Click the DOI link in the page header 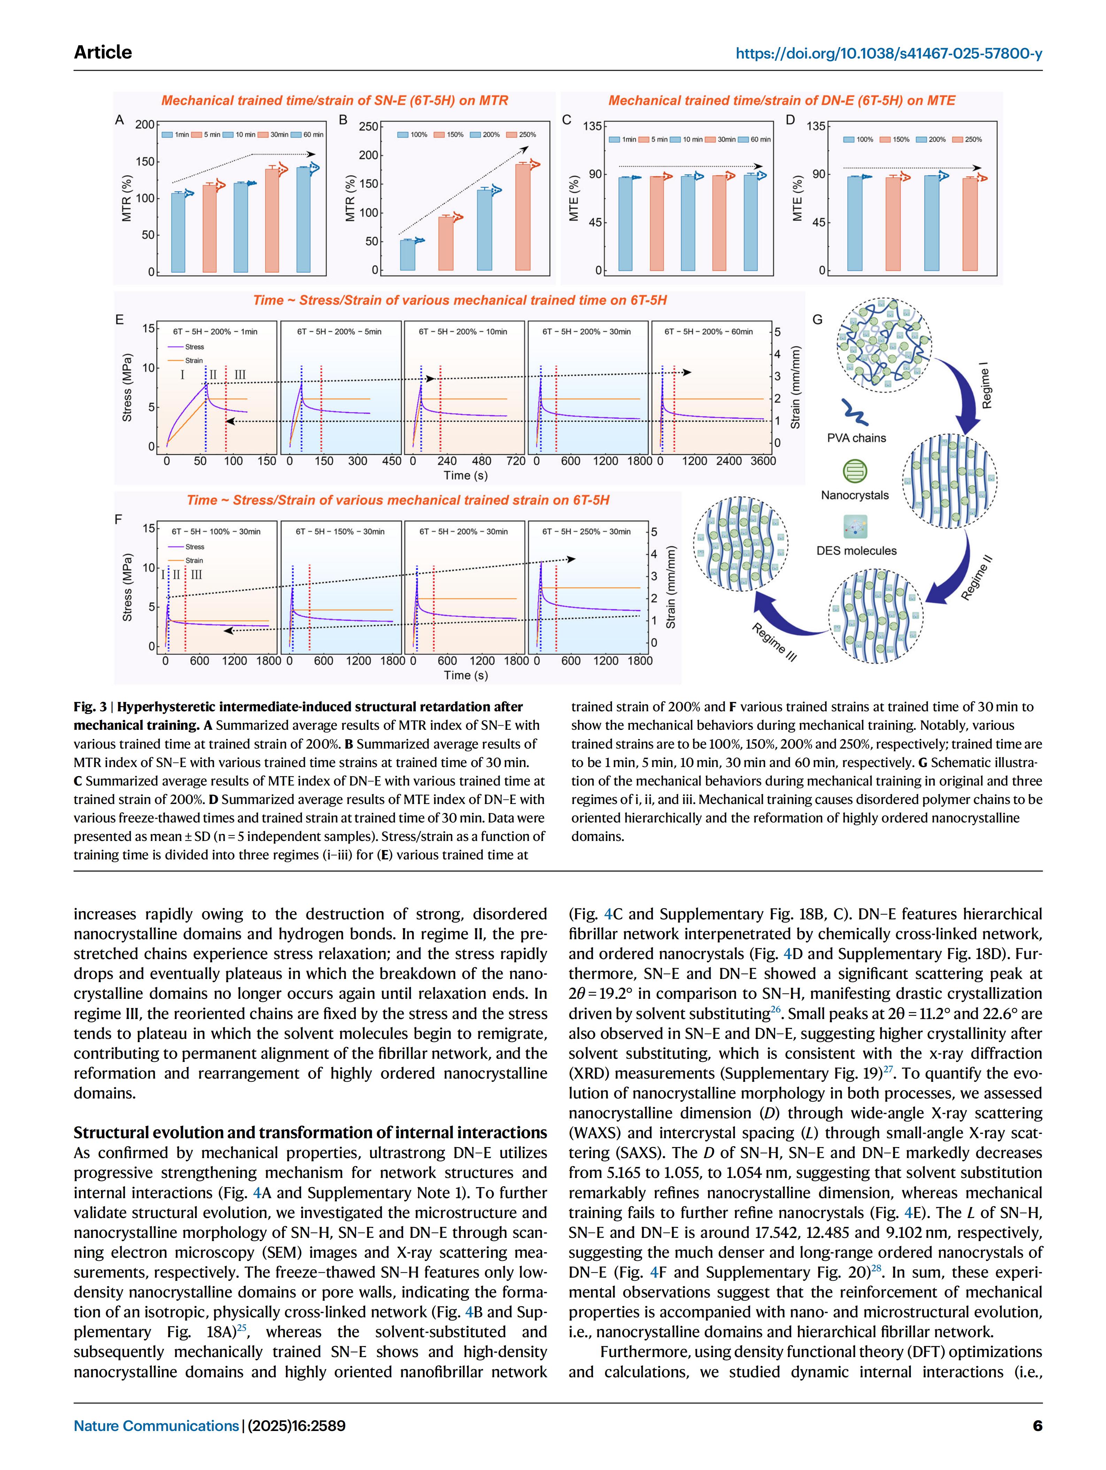(888, 54)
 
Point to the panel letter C (567, 120)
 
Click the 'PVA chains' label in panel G (856, 438)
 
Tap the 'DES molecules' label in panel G (856, 551)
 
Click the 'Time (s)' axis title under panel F (466, 675)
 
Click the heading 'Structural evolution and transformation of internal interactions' (310, 1132)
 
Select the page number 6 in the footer (1037, 1425)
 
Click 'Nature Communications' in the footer (156, 1425)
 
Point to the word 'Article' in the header (103, 53)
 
